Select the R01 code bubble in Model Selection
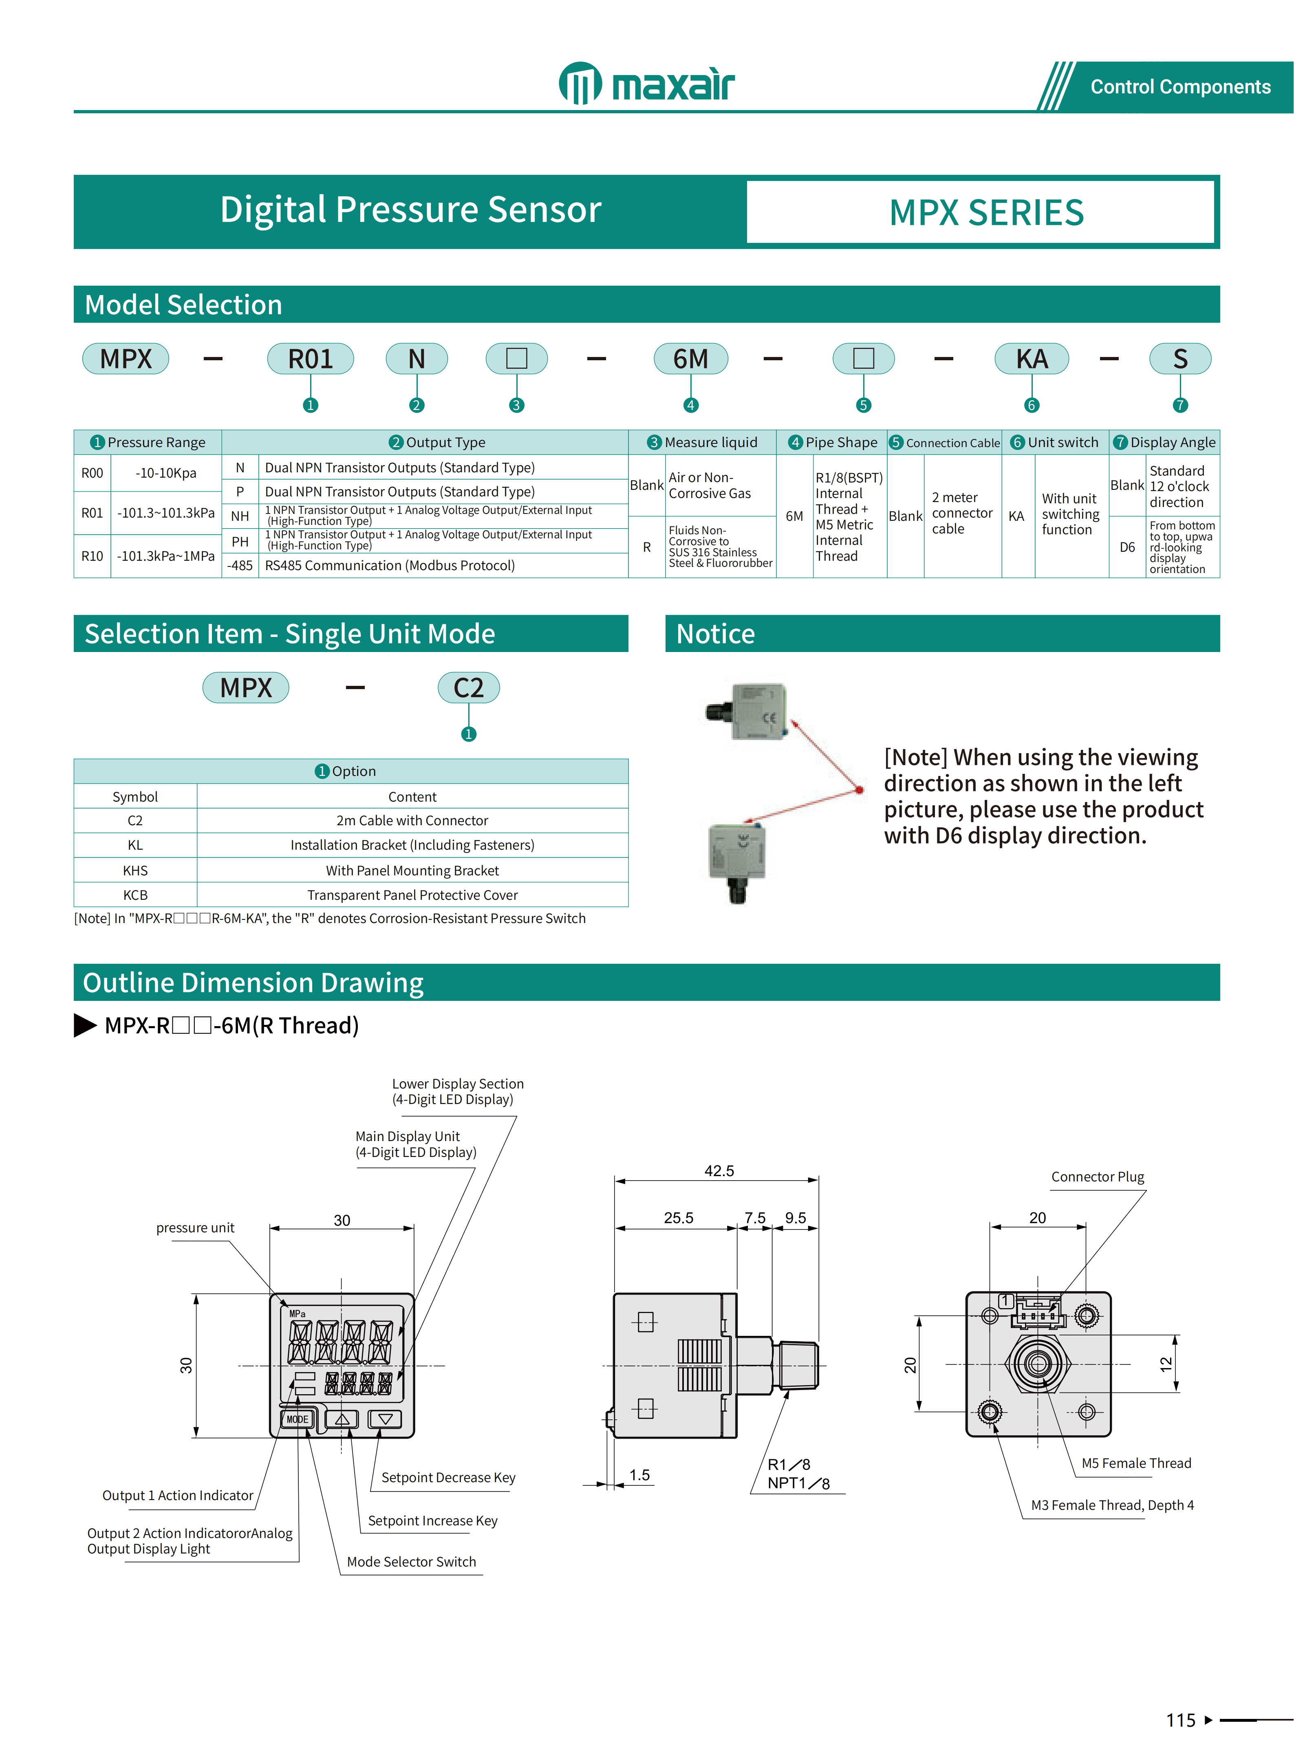pyautogui.click(x=310, y=359)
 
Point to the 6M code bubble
pyautogui.click(x=690, y=359)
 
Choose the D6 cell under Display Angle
pyautogui.click(x=1126, y=547)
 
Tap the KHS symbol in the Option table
pyautogui.click(x=135, y=870)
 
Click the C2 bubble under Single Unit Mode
pyautogui.click(x=468, y=687)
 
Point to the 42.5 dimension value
pyautogui.click(x=719, y=1171)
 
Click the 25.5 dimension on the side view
pyautogui.click(x=678, y=1218)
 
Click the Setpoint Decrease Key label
pyautogui.click(x=448, y=1477)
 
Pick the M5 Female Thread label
pyautogui.click(x=1136, y=1463)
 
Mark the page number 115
pyautogui.click(x=1180, y=1720)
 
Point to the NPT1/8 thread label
pyautogui.click(x=798, y=1483)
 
